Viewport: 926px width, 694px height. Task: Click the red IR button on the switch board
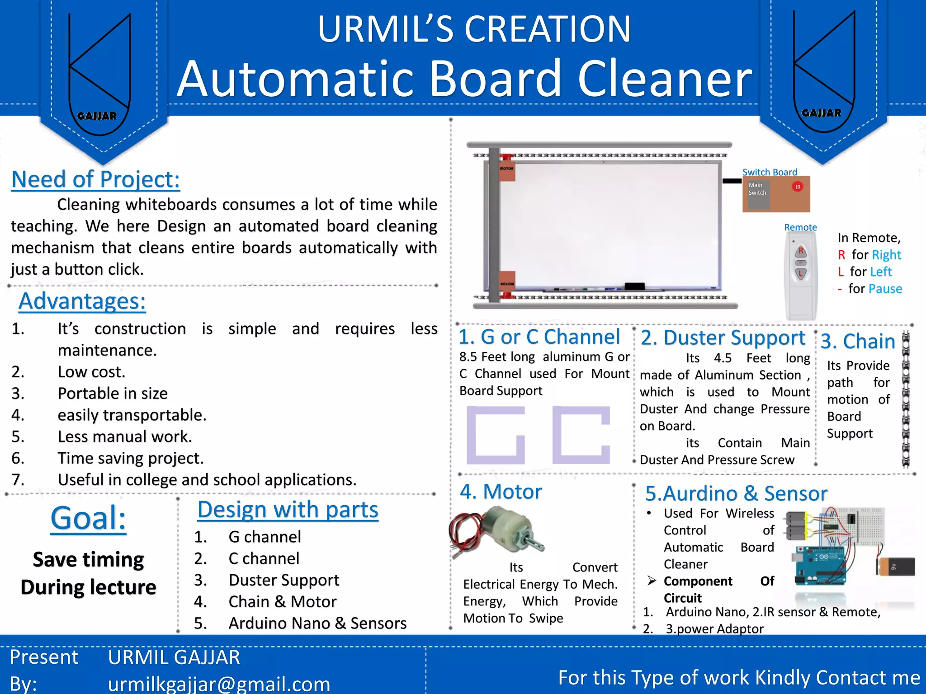click(x=798, y=187)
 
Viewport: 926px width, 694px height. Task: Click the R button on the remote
click(x=801, y=251)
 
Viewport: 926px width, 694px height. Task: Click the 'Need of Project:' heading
click(x=95, y=179)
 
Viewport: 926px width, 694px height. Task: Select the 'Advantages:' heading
click(x=82, y=301)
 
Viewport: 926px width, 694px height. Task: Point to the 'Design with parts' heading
click(x=288, y=510)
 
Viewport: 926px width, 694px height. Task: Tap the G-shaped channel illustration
click(x=496, y=435)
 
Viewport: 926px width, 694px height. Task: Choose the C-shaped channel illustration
click(x=581, y=435)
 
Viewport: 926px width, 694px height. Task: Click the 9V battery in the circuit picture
click(x=896, y=567)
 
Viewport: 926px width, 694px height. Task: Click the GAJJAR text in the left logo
click(x=97, y=116)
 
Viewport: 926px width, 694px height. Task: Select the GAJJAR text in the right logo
click(x=821, y=113)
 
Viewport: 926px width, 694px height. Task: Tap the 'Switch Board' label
click(x=770, y=172)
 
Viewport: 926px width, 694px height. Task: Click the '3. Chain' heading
click(x=858, y=341)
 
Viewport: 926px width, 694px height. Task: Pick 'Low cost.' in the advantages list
click(x=91, y=372)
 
